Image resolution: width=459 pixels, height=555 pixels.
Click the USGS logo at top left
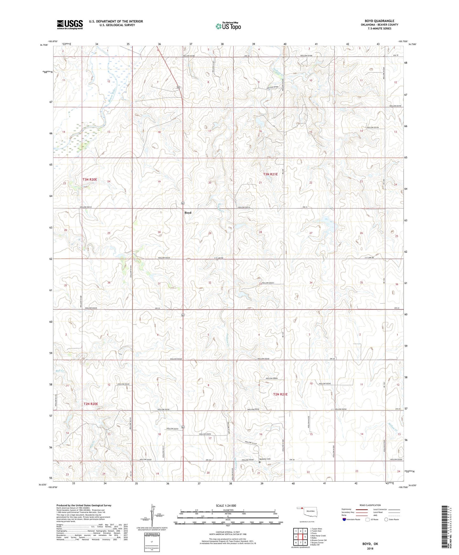70,24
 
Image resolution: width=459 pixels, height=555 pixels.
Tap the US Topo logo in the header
228,26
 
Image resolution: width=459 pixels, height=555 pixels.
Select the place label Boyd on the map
188,213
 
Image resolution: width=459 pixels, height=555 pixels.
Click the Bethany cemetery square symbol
260,462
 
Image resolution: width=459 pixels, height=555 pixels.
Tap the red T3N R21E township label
270,174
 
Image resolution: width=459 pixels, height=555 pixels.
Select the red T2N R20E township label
91,404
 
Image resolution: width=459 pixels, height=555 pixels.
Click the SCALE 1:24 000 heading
228,506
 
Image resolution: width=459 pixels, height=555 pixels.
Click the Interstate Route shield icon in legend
344,519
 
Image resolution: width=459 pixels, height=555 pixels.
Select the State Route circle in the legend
386,519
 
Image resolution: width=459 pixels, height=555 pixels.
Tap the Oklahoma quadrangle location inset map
307,513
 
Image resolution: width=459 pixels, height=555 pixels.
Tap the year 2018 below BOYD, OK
370,548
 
